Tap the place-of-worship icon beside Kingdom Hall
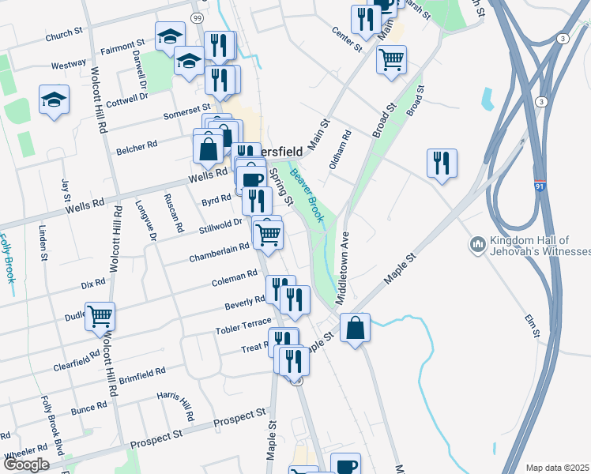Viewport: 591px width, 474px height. [476, 246]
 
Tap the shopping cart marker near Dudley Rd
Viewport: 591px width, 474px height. [100, 317]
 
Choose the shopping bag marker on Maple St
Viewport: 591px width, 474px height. [356, 327]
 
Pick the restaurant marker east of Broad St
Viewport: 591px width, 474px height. [442, 163]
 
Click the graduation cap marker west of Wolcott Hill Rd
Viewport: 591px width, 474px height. [54, 100]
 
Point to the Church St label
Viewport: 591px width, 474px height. [64, 34]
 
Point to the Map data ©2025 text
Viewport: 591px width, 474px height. [557, 468]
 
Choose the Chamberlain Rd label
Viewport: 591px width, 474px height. [219, 253]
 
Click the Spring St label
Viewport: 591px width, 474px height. [281, 186]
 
